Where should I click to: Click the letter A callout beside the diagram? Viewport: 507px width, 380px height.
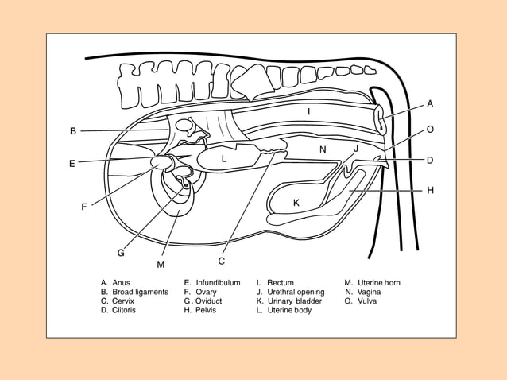pyautogui.click(x=430, y=103)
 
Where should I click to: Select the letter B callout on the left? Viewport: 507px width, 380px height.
pyautogui.click(x=72, y=131)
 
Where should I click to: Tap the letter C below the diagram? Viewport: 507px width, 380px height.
pyautogui.click(x=222, y=261)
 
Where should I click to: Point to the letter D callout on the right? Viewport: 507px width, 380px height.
pyautogui.click(x=430, y=160)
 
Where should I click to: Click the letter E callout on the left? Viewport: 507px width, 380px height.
pyautogui.click(x=72, y=164)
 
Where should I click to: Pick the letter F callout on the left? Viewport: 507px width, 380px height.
pyautogui.click(x=84, y=207)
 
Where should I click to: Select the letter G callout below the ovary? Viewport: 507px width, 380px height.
pyautogui.click(x=121, y=253)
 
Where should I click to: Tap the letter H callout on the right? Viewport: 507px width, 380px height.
pyautogui.click(x=430, y=191)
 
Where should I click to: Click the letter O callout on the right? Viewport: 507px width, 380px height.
pyautogui.click(x=430, y=129)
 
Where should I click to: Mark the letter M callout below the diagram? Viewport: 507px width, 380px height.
pyautogui.click(x=161, y=264)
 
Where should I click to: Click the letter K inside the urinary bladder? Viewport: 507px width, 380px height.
pyautogui.click(x=296, y=203)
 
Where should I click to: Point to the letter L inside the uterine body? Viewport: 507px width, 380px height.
pyautogui.click(x=224, y=159)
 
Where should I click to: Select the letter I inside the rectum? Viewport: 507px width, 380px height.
pyautogui.click(x=309, y=112)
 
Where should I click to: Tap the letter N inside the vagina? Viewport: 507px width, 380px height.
pyautogui.click(x=323, y=149)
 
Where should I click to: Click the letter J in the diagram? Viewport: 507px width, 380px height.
pyautogui.click(x=356, y=149)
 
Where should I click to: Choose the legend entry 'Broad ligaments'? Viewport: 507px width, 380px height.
pyautogui.click(x=140, y=292)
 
